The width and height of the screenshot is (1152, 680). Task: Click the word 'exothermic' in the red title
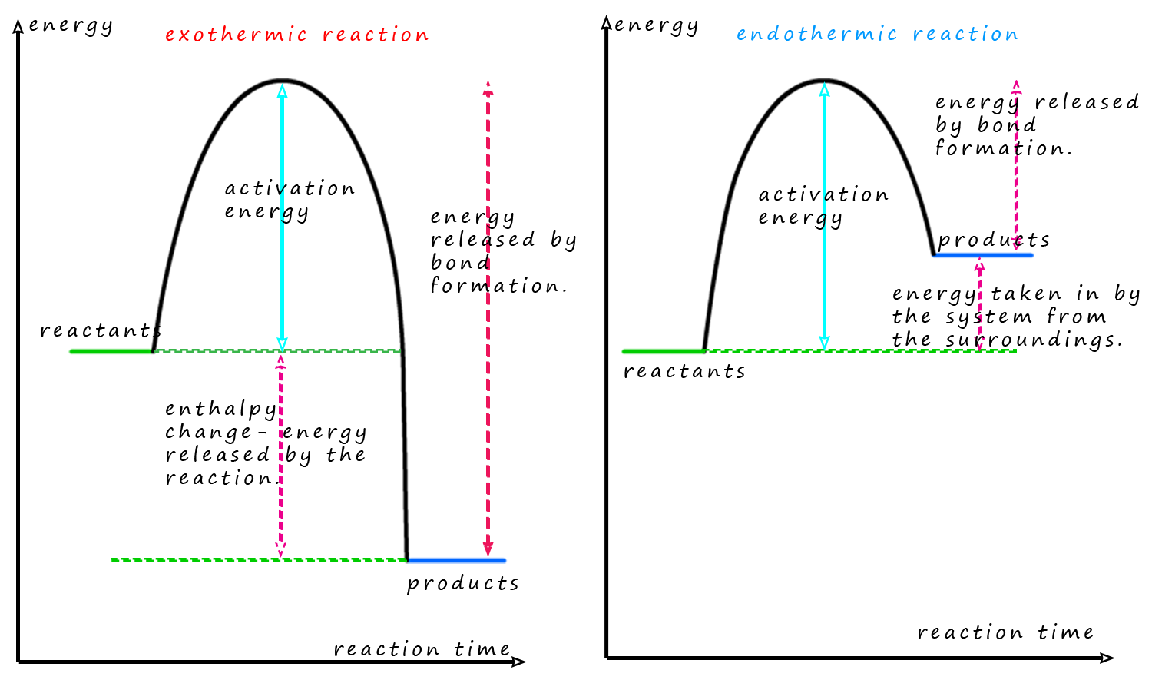[x=236, y=35]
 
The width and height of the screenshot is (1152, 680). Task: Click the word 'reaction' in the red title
[x=376, y=35]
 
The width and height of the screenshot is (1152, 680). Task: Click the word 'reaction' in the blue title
[x=965, y=35]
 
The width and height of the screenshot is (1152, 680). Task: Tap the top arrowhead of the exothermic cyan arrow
[x=282, y=91]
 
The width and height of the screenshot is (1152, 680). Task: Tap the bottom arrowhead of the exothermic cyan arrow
[x=282, y=343]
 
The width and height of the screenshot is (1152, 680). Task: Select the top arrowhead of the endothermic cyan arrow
[x=825, y=90]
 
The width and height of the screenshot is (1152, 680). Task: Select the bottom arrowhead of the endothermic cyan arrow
[x=825, y=343]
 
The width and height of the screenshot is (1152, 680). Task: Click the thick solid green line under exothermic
[x=110, y=351]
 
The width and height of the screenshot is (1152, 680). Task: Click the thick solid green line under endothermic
[x=661, y=351]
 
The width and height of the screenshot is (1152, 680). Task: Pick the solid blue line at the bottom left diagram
[x=458, y=560]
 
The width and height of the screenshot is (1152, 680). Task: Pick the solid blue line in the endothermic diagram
[x=983, y=255]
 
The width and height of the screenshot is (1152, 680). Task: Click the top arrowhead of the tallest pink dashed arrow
[x=488, y=87]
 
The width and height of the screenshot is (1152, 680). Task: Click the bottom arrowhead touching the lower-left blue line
[x=488, y=549]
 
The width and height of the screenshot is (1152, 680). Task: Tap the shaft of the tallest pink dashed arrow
[x=488, y=323]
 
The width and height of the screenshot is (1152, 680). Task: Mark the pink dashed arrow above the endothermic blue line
[x=1016, y=165]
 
